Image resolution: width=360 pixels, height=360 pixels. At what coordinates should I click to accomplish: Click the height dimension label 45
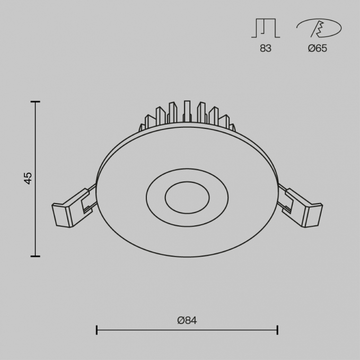click(x=28, y=178)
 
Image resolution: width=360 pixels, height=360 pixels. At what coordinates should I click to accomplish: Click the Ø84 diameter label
click(x=187, y=320)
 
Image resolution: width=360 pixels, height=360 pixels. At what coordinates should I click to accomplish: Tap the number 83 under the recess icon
click(x=266, y=48)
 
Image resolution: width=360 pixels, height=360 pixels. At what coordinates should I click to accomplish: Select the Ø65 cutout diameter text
click(x=318, y=48)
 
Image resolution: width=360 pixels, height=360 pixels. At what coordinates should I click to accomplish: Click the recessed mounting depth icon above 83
click(x=266, y=28)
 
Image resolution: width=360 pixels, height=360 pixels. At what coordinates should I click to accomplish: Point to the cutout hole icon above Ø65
click(x=319, y=28)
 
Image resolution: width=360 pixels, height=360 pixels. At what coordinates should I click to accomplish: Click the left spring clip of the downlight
click(x=73, y=208)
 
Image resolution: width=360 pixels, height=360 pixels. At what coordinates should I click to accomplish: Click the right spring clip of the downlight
click(x=300, y=208)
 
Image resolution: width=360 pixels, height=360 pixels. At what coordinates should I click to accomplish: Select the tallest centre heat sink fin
click(x=187, y=111)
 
